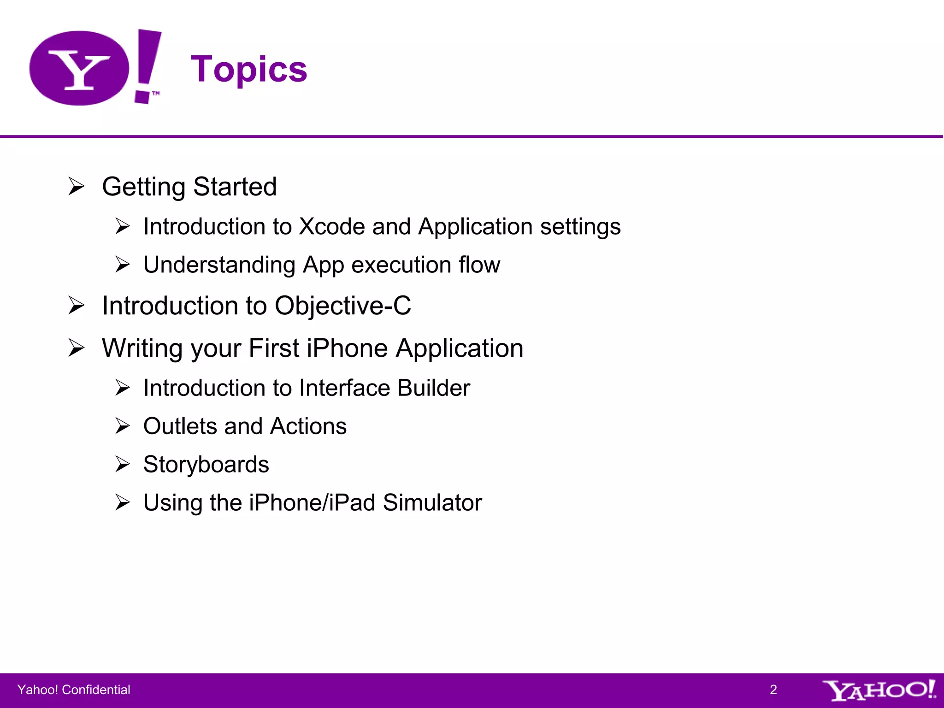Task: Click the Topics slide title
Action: [x=249, y=69]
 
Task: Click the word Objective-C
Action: [x=342, y=306]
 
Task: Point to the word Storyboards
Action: [x=206, y=465]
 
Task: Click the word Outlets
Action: [x=180, y=426]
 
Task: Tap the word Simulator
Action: [x=432, y=502]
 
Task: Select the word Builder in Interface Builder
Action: [x=433, y=388]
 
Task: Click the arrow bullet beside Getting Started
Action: [x=77, y=187]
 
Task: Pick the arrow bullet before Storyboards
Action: [x=123, y=464]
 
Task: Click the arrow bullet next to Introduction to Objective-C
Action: [x=77, y=306]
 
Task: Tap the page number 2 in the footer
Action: [x=773, y=690]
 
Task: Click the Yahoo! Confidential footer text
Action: [x=74, y=690]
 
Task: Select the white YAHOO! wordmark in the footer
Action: [x=879, y=690]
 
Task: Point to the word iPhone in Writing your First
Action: [x=347, y=348]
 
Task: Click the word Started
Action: [x=235, y=187]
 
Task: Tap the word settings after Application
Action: [x=580, y=227]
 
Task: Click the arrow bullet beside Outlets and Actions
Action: [x=123, y=426]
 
